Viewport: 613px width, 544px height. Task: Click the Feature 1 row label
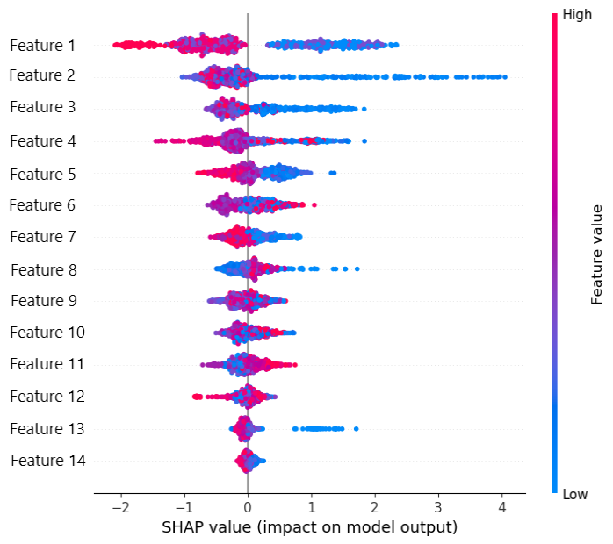42,45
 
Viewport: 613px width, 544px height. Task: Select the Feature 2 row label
42,75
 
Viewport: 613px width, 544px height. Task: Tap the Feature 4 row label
42,140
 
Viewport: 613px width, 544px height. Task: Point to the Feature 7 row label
42,236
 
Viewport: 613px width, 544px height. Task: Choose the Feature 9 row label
42,301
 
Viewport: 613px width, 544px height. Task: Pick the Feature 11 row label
47,364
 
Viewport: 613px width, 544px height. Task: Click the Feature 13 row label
47,428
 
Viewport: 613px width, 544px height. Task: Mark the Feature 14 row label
47,460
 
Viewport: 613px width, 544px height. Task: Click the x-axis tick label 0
248,508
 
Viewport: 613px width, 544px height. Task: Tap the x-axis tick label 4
501,508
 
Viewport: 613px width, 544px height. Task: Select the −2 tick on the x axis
120,508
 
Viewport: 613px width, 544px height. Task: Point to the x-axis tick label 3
438,508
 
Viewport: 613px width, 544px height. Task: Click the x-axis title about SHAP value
309,527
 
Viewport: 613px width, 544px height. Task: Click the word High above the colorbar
576,15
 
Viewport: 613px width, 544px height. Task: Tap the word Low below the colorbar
574,495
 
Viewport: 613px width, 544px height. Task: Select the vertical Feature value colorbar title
597,254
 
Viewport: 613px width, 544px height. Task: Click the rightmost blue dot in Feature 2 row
504,77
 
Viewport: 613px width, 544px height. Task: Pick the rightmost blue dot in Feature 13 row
356,429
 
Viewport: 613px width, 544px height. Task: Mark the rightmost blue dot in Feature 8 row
357,268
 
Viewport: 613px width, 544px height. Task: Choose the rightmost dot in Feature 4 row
364,140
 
